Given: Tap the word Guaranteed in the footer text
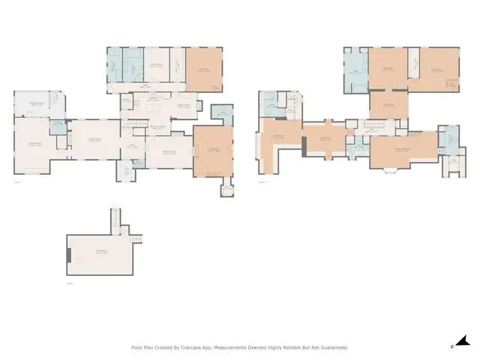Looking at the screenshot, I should pos(331,347).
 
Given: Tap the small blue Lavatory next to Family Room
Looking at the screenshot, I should pos(57,124).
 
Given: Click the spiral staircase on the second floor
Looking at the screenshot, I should pos(295,100).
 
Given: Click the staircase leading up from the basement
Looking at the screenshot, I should pos(115,220).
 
